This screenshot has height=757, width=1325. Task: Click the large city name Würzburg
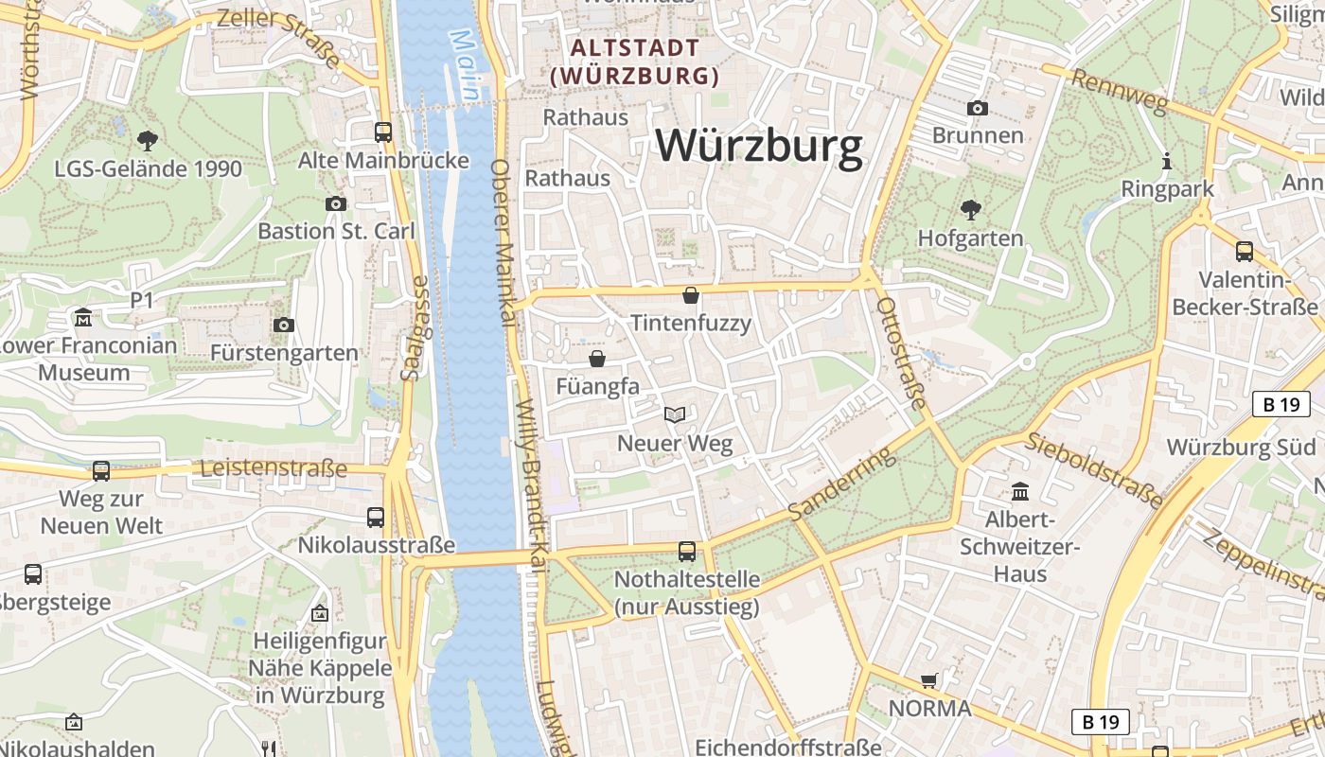point(759,146)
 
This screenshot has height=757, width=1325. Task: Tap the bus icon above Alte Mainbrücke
point(383,132)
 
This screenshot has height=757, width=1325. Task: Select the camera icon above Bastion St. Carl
point(335,203)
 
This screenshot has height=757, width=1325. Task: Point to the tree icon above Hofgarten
point(970,209)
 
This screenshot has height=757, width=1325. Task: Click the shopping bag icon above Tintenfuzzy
point(691,295)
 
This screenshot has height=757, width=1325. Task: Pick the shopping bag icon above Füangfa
point(597,359)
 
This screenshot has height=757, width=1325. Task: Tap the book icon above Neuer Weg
point(675,414)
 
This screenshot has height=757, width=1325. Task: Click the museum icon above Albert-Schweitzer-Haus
point(1020,491)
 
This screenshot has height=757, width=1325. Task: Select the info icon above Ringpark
point(1167,162)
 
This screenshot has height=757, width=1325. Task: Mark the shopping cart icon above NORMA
point(929,680)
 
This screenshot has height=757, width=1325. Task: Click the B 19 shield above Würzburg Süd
point(1281,404)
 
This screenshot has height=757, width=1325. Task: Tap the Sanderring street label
point(841,483)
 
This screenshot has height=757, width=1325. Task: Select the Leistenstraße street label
point(274,468)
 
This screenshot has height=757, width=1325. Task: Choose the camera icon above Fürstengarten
point(283,326)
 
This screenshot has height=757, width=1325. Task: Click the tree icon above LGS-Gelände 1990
point(147,141)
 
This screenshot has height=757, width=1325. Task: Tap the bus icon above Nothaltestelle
point(687,551)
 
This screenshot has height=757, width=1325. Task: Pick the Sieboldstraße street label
point(1095,469)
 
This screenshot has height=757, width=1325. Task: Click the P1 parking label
point(142,300)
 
